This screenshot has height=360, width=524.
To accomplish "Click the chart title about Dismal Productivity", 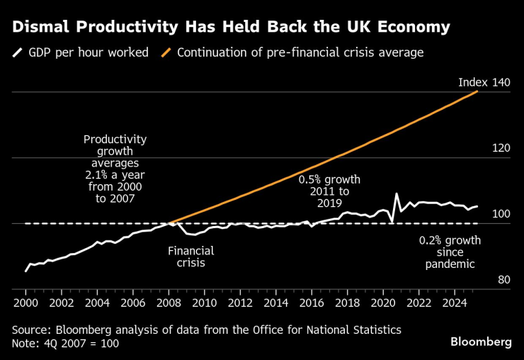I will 231,28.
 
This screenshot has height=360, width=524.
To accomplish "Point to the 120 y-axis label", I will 501,149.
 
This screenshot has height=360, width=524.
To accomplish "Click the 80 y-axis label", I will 503,281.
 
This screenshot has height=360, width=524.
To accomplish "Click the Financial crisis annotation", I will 190,257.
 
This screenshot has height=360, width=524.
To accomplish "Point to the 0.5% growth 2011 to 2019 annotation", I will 329,191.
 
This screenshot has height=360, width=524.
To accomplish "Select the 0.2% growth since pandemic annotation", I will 450,252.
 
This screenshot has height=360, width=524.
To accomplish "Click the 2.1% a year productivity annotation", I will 115,169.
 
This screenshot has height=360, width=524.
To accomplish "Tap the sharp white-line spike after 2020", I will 397,194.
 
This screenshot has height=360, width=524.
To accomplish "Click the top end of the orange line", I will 478,91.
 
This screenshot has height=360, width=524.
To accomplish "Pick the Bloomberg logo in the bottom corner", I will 481,342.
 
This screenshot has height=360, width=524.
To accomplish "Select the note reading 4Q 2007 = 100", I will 65,343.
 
